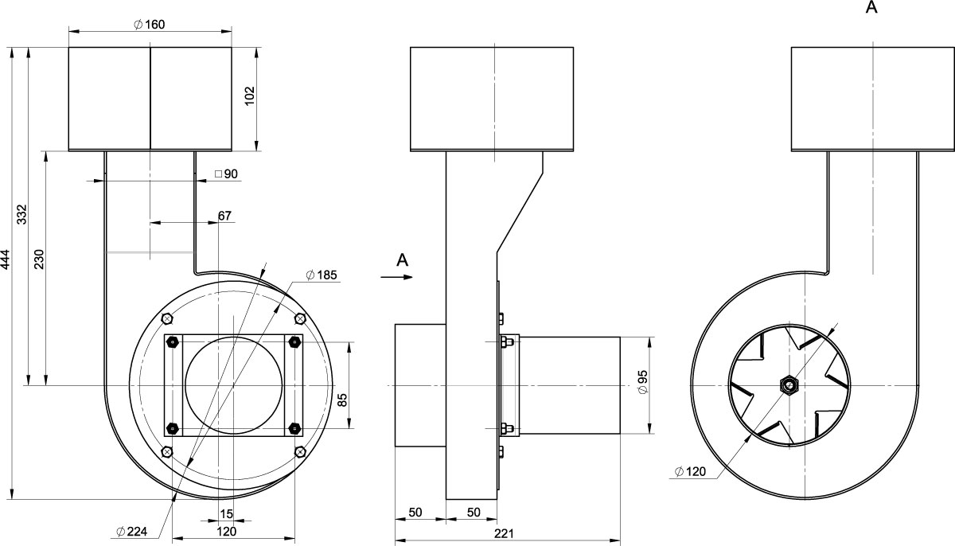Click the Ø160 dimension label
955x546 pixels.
150,25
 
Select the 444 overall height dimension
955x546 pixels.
5,259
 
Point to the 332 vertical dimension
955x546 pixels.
21,214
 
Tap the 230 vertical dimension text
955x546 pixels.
39,259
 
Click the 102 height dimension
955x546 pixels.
249,96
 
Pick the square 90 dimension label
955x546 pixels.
226,174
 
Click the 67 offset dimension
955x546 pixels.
224,216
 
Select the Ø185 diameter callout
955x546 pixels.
322,275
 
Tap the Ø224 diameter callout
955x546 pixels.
132,531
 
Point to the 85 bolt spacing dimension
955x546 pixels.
342,400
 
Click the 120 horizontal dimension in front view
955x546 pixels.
226,531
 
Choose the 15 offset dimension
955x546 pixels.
226,514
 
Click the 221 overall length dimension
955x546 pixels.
505,533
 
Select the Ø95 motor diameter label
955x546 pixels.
643,382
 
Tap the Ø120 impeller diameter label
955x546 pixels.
690,471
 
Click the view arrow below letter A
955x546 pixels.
396,277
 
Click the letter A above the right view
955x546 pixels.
871,7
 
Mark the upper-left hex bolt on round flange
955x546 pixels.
167,318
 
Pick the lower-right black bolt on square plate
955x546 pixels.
294,428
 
